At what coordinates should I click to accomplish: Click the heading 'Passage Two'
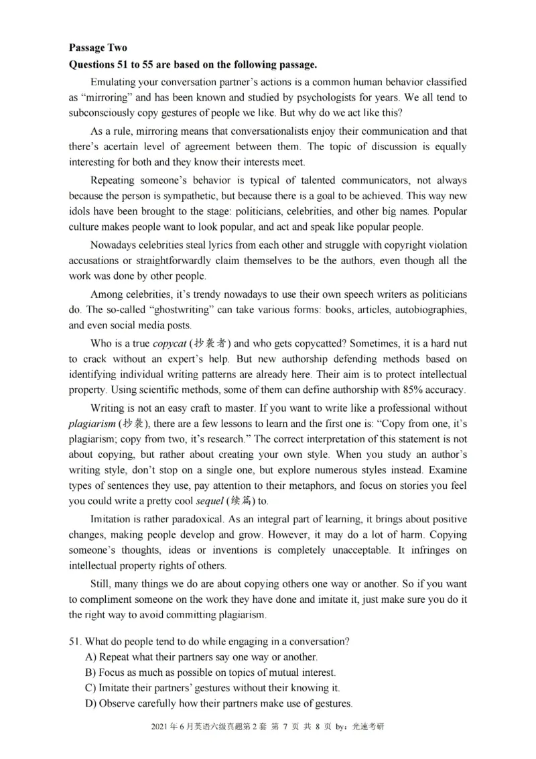[x=97, y=48]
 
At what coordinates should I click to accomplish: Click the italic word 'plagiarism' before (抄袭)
[x=92, y=424]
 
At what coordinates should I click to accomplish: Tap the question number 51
[x=74, y=642]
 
